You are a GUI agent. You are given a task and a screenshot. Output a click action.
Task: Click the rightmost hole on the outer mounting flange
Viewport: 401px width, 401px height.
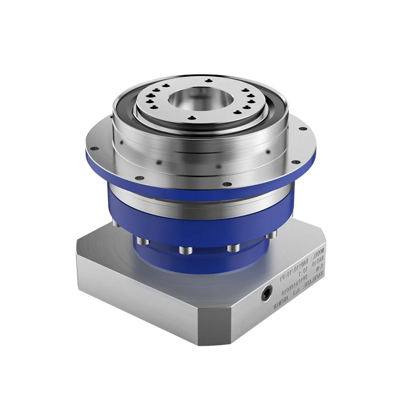tap(300, 128)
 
